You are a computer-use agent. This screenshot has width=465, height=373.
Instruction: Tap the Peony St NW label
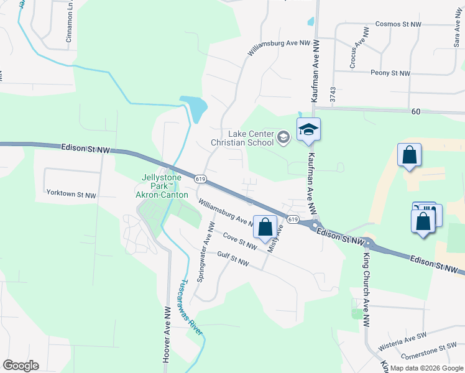390,73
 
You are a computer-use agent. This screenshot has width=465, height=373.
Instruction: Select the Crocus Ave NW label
356,54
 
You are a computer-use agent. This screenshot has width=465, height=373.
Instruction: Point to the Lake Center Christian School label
242,137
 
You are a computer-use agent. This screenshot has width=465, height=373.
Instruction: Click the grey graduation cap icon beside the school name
283,137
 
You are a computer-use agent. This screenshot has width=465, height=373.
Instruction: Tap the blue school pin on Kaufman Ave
308,130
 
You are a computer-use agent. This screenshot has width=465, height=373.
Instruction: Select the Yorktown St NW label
71,194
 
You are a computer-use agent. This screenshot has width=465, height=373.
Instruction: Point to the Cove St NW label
239,241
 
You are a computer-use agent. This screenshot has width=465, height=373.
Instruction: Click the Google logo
21,366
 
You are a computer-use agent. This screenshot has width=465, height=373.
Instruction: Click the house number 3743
333,94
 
